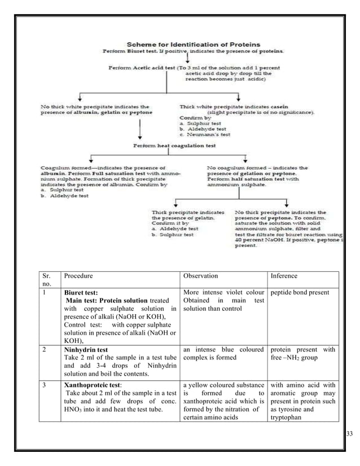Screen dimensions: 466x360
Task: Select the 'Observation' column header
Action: [202, 276]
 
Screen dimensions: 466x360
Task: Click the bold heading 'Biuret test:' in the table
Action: [81, 293]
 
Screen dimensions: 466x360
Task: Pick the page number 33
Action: [349, 433]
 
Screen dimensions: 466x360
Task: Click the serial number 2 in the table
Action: [45, 350]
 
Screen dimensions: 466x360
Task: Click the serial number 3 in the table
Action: [45, 385]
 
